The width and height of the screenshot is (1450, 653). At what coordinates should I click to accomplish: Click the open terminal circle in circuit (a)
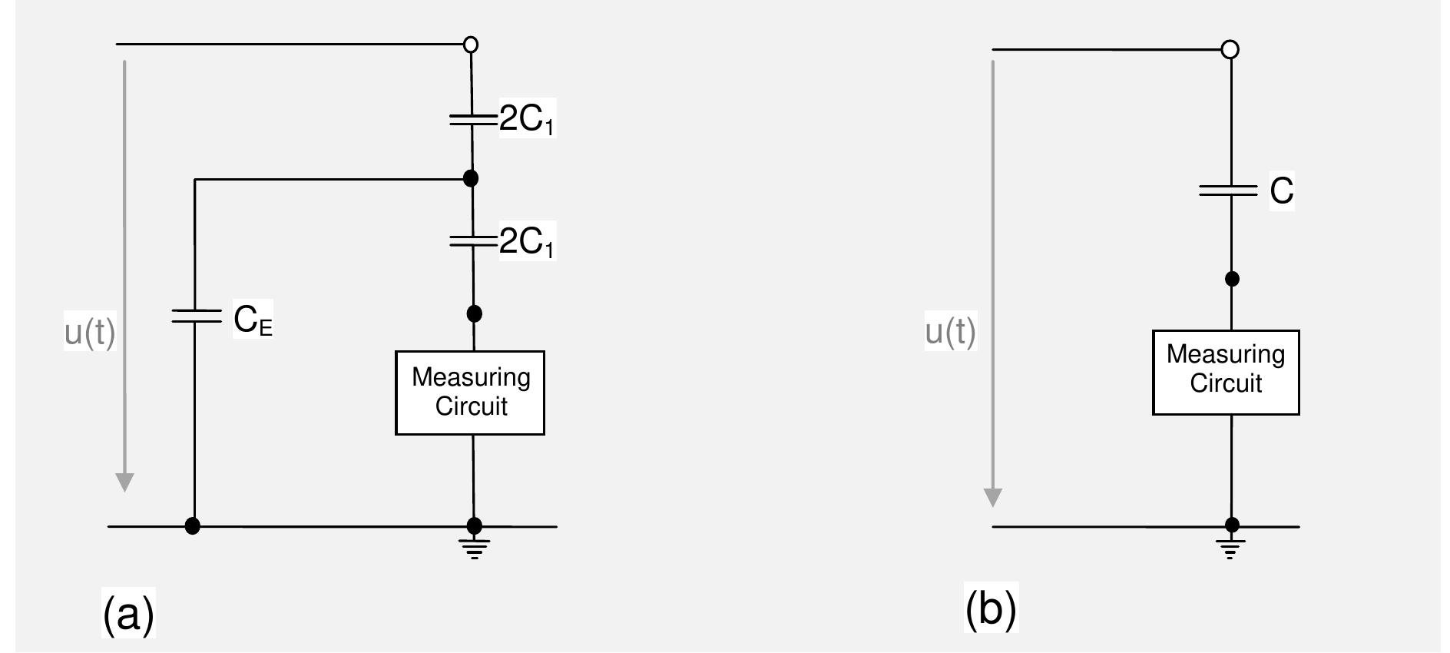[x=471, y=45]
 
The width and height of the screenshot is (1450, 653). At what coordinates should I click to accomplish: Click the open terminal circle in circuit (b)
[x=1230, y=50]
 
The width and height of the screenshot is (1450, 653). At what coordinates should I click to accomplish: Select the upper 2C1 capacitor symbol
[x=472, y=119]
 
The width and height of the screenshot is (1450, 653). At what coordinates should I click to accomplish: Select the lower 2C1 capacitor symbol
[x=472, y=241]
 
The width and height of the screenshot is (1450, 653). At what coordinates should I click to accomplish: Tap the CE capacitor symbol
[x=195, y=316]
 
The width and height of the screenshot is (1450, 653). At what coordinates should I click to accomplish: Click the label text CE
[x=253, y=320]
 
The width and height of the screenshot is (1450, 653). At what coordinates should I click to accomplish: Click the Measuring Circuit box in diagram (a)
[x=470, y=393]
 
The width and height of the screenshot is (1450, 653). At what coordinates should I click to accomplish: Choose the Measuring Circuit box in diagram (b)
[x=1226, y=373]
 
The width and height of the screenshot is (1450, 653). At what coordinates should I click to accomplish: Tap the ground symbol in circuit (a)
[x=474, y=548]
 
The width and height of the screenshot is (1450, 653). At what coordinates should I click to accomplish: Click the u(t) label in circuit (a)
[x=90, y=333]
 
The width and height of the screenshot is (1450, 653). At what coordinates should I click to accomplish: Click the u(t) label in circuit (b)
[x=950, y=332]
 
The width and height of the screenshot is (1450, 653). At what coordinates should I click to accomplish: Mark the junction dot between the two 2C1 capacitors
[x=471, y=178]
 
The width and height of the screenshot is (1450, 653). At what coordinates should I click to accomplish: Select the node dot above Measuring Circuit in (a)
[x=475, y=313]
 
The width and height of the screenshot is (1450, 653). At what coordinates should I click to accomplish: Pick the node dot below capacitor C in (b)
[x=1232, y=279]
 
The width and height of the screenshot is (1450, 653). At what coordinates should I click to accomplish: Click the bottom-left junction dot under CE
[x=193, y=526]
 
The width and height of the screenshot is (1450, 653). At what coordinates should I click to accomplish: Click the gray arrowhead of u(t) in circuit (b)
[x=993, y=497]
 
